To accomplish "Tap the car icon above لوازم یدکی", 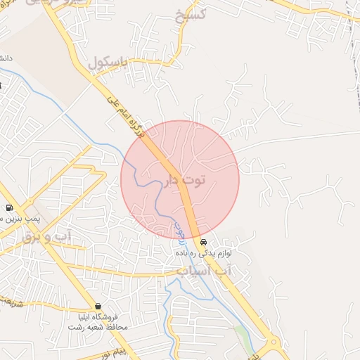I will click(x=203, y=243).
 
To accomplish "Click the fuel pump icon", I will click(x=8, y=207).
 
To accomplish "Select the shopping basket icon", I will click(x=97, y=307).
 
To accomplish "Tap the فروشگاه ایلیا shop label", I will click(x=101, y=317).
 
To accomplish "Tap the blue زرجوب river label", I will click(x=179, y=233).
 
